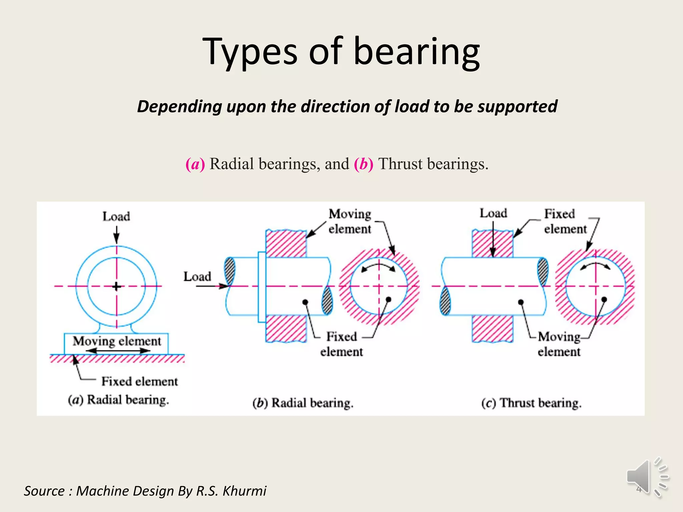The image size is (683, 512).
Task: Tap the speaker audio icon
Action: coord(647,477)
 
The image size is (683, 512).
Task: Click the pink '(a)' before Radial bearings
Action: coord(195,164)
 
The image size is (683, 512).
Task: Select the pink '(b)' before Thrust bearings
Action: coord(364,164)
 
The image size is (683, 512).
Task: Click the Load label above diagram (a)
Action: coord(116,217)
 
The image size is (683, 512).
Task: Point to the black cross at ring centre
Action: coord(116,286)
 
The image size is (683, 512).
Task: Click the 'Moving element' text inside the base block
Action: coord(117,341)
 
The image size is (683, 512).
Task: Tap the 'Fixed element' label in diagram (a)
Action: coord(139,381)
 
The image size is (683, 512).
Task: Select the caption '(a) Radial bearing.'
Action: coord(118,400)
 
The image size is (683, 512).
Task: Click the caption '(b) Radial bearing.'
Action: coord(302,403)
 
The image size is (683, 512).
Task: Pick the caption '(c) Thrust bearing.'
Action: coord(531,403)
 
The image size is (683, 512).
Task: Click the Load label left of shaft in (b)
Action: coord(197,277)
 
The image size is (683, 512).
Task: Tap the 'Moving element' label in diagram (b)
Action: coord(350,221)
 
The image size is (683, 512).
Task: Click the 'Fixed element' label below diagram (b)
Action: coord(341,344)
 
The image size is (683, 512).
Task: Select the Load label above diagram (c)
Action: coord(493,213)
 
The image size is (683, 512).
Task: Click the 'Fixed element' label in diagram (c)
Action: coord(565,221)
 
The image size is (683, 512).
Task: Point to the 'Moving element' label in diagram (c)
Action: coord(559,344)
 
